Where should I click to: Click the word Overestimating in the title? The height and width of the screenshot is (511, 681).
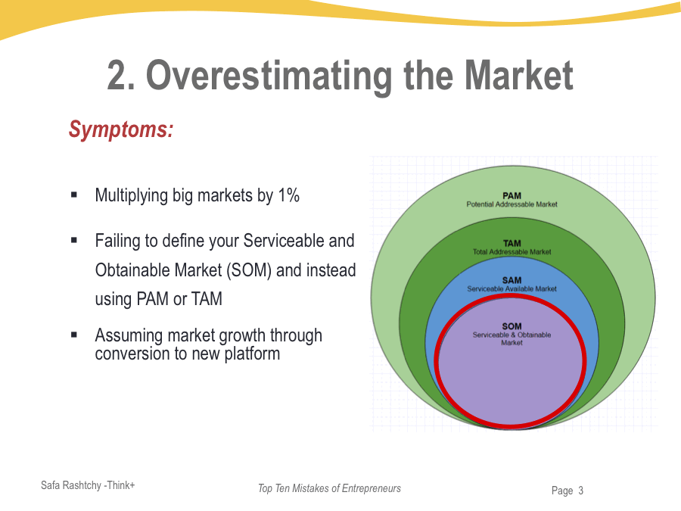pos(269,76)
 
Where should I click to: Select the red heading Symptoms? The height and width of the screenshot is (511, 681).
pos(121,129)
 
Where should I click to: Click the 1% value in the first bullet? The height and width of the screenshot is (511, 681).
pos(288,195)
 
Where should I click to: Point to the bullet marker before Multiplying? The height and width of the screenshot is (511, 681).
pos(74,195)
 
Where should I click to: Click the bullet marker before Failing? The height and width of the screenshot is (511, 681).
pos(74,241)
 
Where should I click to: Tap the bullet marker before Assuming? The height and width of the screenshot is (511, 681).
pos(74,334)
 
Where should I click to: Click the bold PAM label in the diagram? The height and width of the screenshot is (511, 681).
pos(512,196)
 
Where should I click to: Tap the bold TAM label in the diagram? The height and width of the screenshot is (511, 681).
pos(512,243)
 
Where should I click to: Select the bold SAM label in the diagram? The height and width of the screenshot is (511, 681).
pos(512,280)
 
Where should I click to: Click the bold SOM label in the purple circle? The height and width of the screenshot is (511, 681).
pos(512,326)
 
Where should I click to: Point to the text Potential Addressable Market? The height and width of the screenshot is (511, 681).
pos(512,204)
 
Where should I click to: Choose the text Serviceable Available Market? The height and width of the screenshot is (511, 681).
pos(512,288)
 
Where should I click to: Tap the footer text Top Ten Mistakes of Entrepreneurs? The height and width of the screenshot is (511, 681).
pos(329,488)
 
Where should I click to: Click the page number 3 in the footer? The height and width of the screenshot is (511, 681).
pos(580,491)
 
